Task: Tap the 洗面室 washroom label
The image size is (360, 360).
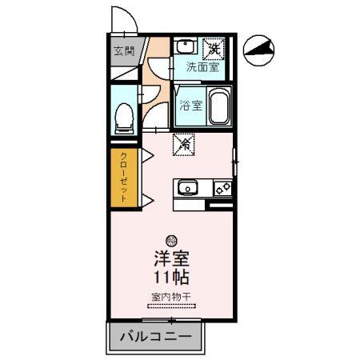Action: coord(202,67)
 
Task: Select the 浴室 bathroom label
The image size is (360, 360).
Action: coord(190,105)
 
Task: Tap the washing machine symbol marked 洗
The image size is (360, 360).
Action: coord(214,49)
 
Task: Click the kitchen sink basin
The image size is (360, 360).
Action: coord(187,189)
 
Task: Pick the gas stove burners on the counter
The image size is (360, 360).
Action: coord(222,189)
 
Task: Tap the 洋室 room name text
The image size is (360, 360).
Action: coord(170,260)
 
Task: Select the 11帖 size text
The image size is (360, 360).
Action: coord(170,278)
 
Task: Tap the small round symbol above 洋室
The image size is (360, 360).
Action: coord(170,241)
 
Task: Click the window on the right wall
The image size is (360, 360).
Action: coord(234,166)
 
